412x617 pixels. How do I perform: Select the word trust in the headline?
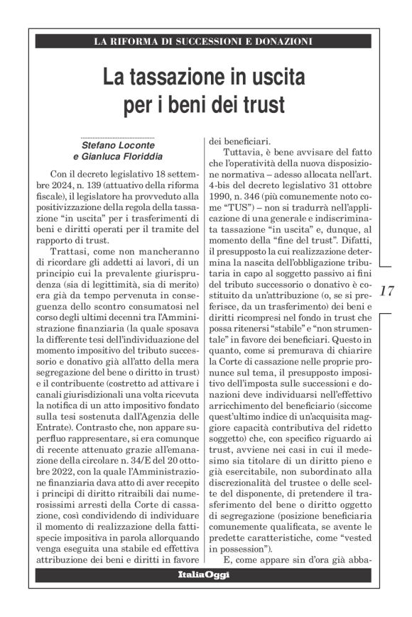point(264,105)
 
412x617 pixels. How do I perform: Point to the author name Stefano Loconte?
point(117,145)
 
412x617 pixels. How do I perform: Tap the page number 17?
point(388,290)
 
